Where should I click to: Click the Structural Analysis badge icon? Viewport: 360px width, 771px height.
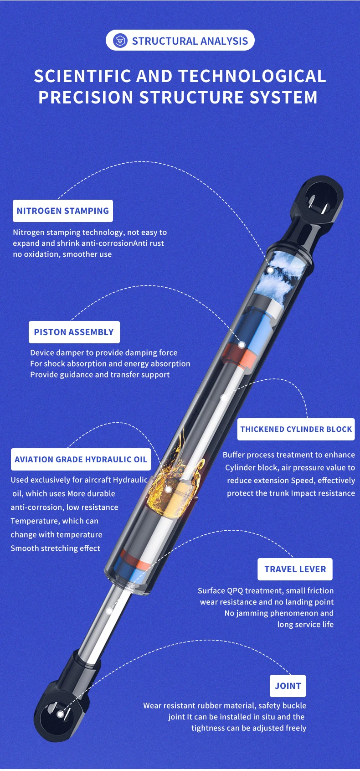pos(120,41)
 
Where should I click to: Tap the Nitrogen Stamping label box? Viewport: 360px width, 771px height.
pos(63,211)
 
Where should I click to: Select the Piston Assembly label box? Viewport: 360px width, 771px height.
pos(74,332)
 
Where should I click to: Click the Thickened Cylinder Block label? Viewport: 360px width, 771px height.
pos(296,429)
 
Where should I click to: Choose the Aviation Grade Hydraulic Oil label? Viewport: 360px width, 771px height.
pos(81,459)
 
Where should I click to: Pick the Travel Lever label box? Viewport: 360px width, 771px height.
pos(295,569)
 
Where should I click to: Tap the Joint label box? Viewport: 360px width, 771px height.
pos(288,686)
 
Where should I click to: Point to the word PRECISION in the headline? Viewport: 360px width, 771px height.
pos(86,98)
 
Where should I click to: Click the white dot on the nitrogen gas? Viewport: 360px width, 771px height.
pos(270,270)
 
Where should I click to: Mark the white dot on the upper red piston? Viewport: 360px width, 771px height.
pos(242,345)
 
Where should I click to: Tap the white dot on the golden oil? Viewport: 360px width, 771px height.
pos(168,490)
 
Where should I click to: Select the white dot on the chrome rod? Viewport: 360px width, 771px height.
pos(109,610)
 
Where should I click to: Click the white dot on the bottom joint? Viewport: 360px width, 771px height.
pos(60,714)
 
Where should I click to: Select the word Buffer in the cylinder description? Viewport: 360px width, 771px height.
pos(233,455)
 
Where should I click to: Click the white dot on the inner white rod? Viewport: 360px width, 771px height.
pos(224,398)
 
